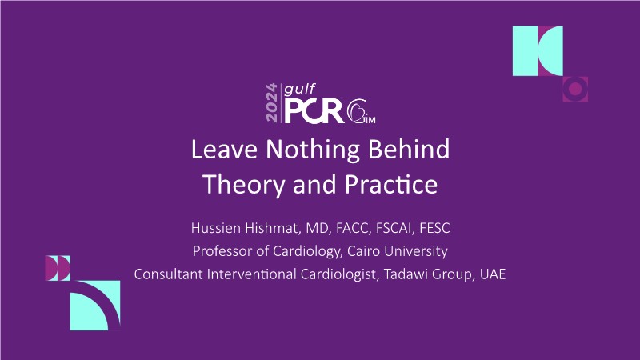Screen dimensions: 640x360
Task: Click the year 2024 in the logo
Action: pyautogui.click(x=271, y=102)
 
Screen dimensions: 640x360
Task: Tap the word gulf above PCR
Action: pyautogui.click(x=300, y=89)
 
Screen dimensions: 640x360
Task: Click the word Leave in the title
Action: pyautogui.click(x=224, y=149)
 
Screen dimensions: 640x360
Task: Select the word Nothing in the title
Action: pyautogui.click(x=313, y=150)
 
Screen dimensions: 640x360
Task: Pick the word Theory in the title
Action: pyautogui.click(x=244, y=185)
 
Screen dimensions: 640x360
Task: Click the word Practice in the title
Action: pyautogui.click(x=391, y=184)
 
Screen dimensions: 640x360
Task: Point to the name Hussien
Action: pyautogui.click(x=216, y=228)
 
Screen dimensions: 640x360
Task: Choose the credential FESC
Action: pyautogui.click(x=434, y=228)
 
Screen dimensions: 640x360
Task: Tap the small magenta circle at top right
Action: pyautogui.click(x=575, y=89)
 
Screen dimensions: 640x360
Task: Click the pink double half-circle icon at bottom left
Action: pyautogui.click(x=58, y=268)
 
